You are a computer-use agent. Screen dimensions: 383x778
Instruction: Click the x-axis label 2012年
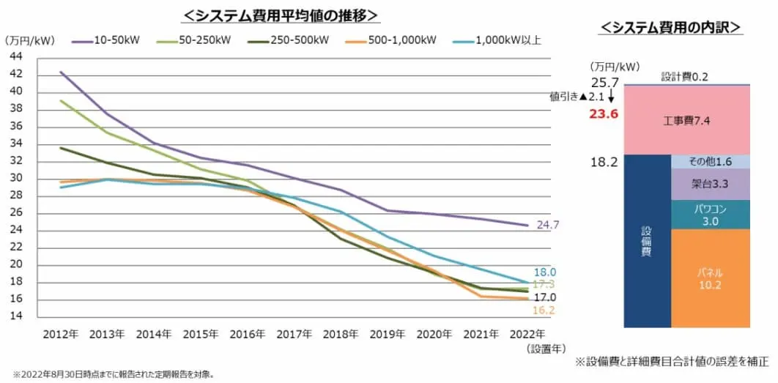(60, 334)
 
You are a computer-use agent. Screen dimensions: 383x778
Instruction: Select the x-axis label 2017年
(294, 334)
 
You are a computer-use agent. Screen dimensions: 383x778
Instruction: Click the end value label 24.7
(547, 225)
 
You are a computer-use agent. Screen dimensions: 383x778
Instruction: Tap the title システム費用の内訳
(670, 28)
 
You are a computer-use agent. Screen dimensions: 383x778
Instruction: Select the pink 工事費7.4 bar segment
(686, 119)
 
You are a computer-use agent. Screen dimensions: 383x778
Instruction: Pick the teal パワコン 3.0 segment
(710, 215)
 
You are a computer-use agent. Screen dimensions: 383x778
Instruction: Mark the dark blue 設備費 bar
(647, 242)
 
